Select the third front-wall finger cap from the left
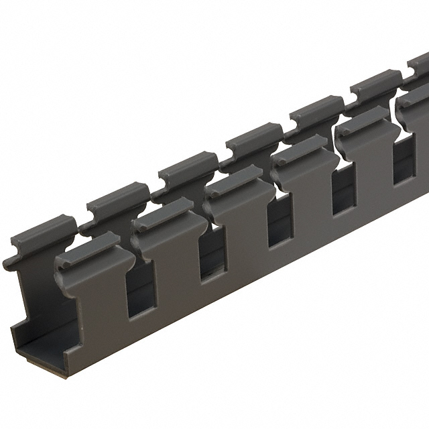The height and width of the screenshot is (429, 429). (233, 181)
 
